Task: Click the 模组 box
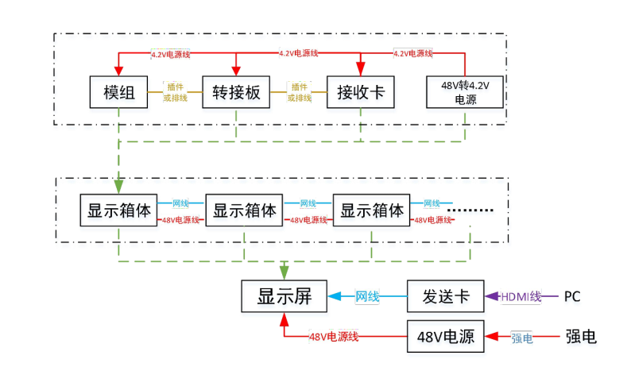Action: (119, 93)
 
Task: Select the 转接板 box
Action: (236, 93)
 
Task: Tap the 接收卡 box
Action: (361, 93)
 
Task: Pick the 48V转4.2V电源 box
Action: (465, 93)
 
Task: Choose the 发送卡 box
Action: (444, 296)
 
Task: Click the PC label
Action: (572, 297)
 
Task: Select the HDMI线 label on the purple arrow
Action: (521, 297)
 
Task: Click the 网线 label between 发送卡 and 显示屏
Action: (367, 297)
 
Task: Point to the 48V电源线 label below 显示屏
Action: (334, 338)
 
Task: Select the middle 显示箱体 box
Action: (245, 211)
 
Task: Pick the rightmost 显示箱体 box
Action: (371, 211)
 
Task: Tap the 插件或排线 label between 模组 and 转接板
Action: (175, 92)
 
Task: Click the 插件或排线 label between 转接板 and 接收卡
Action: (299, 92)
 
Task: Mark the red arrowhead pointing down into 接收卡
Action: (361, 68)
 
